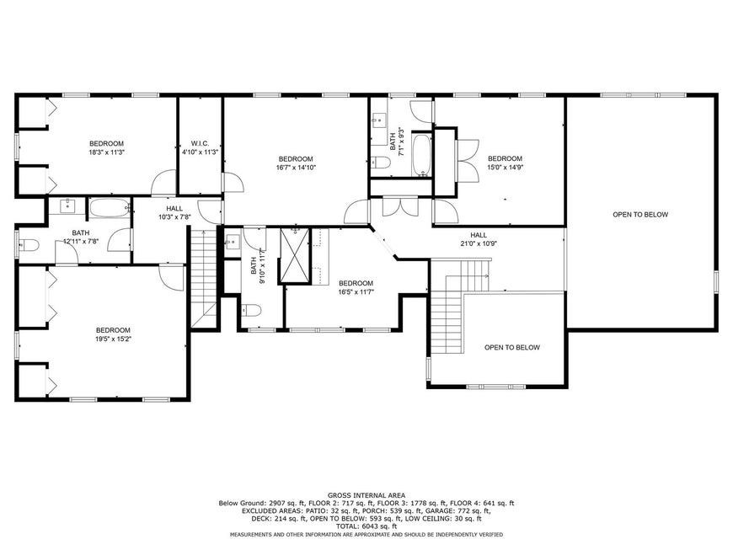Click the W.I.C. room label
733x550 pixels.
(x=200, y=143)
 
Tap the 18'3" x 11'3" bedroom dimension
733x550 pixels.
(x=107, y=152)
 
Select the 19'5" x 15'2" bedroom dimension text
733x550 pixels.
(x=113, y=339)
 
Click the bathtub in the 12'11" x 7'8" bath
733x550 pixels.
(x=110, y=208)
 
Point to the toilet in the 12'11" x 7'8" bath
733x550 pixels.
(x=29, y=245)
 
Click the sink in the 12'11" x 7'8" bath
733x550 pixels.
(x=68, y=206)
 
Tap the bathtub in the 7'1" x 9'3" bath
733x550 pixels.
(x=421, y=156)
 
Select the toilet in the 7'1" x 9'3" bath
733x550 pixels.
(x=381, y=163)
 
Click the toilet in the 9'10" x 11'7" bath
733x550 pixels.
(x=252, y=310)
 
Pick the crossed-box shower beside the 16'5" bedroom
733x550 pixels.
(x=295, y=255)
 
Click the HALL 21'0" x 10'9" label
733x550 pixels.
(x=479, y=239)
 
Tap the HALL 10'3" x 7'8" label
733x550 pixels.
(x=174, y=212)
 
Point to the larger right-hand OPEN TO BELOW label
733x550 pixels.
(x=640, y=215)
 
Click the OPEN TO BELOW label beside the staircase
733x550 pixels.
(x=512, y=347)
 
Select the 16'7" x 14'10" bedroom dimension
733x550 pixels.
(x=296, y=167)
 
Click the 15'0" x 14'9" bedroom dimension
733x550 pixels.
(x=505, y=167)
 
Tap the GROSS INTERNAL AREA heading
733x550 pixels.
(x=366, y=495)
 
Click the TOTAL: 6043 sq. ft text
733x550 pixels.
(x=366, y=526)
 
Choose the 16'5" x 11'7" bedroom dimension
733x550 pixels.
(x=356, y=291)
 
